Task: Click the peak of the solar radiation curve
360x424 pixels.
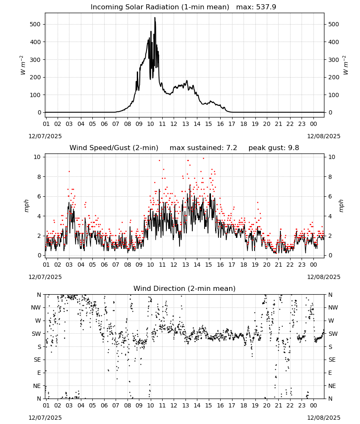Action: [155, 18]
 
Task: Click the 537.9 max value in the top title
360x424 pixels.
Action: [266, 7]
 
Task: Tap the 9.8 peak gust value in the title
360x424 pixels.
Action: [294, 148]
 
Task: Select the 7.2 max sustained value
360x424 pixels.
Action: [231, 148]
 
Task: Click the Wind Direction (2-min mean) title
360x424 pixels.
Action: [185, 288]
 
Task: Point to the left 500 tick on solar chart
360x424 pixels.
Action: [35, 24]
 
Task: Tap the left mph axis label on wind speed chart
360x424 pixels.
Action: [26, 206]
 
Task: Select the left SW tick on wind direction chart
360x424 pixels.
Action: [36, 334]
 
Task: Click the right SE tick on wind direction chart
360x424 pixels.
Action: [332, 360]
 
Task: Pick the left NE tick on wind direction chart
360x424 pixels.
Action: [37, 386]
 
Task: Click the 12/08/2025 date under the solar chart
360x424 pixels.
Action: [324, 136]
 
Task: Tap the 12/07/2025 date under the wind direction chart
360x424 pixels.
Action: [45, 418]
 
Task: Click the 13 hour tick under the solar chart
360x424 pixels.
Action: [186, 124]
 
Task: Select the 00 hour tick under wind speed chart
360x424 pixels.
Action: [313, 265]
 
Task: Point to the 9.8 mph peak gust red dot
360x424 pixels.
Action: [203, 159]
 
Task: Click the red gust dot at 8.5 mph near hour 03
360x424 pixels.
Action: [69, 171]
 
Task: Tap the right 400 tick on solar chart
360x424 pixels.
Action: [334, 42]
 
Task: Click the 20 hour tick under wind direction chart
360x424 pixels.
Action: [267, 405]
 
